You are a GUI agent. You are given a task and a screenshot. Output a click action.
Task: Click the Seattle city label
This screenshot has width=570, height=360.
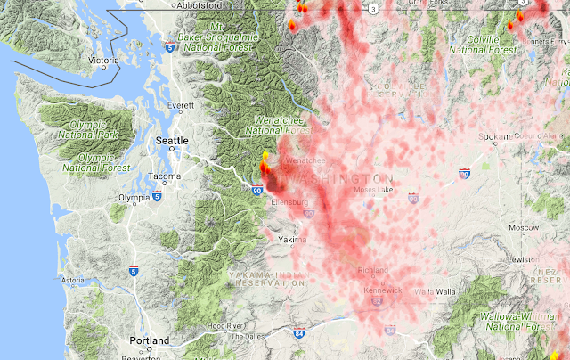tap(172, 141)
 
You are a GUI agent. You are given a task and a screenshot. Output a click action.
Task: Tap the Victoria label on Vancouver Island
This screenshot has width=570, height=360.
tap(104, 61)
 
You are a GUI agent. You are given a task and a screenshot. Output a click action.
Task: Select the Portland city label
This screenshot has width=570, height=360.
tap(149, 341)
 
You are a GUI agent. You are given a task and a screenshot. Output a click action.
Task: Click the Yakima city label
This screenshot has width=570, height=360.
tap(291, 240)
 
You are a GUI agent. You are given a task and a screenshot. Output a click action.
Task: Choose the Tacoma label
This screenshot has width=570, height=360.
tap(166, 176)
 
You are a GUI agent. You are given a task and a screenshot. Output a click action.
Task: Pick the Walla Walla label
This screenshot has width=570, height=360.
tap(435, 291)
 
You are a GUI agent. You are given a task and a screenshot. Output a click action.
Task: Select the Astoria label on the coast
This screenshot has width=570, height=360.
tap(72, 280)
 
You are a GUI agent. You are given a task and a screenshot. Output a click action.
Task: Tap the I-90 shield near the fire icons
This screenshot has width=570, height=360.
tap(257, 190)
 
